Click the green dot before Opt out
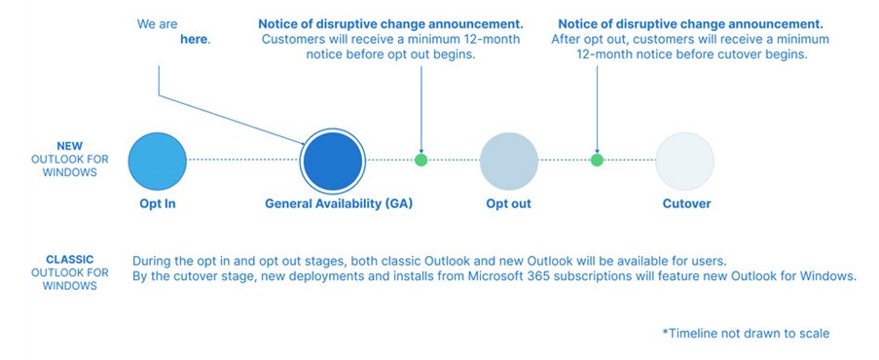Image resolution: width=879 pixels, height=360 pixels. click(421, 160)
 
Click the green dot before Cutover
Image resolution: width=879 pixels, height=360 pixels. click(597, 160)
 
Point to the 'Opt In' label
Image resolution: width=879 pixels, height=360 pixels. click(157, 204)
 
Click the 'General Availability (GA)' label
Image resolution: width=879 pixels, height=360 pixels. click(333, 204)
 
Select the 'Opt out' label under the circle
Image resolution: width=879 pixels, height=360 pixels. click(508, 204)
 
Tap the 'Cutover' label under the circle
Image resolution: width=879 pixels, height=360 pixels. click(686, 204)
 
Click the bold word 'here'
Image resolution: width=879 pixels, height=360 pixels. click(195, 40)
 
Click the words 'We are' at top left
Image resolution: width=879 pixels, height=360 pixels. click(158, 23)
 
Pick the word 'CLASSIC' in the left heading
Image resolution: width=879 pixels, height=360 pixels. click(70, 260)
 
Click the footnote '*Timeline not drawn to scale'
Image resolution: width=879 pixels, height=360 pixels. click(746, 334)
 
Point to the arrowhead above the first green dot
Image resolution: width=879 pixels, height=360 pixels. click(421, 147)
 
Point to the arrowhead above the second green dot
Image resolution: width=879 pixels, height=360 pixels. click(597, 147)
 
